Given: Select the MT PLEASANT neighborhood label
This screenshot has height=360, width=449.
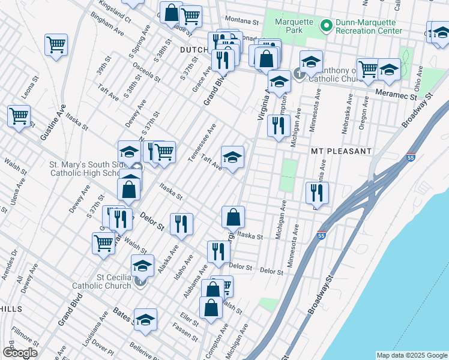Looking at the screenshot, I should point(341,151).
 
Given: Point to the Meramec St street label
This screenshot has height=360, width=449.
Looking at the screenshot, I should point(396,95).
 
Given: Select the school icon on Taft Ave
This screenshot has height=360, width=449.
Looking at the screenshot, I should point(232,157).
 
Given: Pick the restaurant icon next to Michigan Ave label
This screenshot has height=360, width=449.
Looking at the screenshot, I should point(278,126).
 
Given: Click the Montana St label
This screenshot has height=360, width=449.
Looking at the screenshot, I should point(242,21).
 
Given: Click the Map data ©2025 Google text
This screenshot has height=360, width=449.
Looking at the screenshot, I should point(412,355).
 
